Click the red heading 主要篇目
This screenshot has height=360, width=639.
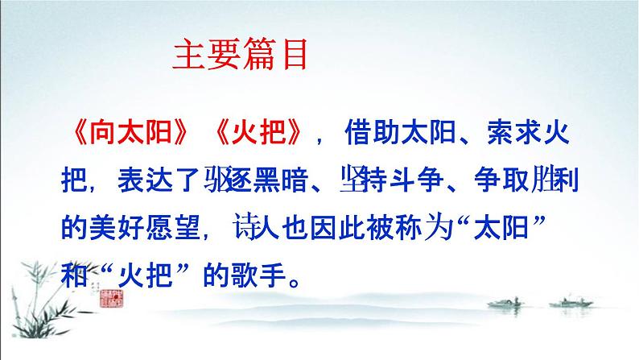(241, 59)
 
